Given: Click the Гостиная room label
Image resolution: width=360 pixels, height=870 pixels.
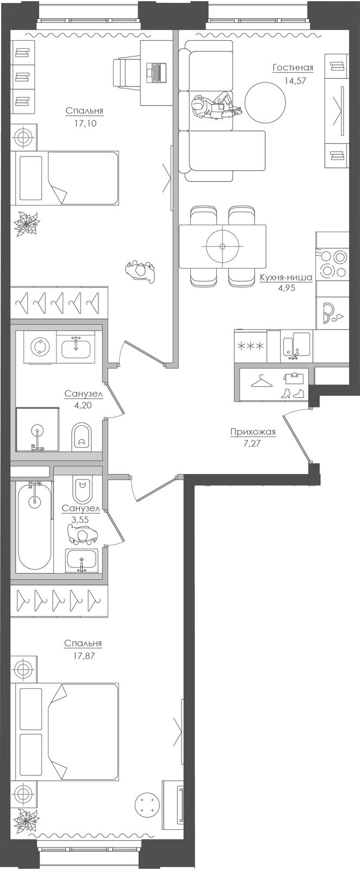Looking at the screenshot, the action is click(x=293, y=68).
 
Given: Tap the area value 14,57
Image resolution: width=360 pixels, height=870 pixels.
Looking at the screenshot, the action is click(x=293, y=81).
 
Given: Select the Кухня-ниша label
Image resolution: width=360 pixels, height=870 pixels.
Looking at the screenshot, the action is click(x=286, y=278).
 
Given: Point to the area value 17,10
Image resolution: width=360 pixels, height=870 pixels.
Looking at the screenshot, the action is click(x=84, y=124).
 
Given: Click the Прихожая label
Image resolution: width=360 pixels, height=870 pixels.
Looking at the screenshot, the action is click(x=253, y=432).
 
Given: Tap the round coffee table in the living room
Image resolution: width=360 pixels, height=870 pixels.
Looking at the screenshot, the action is click(x=265, y=103).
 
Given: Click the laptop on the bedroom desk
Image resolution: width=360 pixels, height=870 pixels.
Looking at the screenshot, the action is click(x=156, y=72).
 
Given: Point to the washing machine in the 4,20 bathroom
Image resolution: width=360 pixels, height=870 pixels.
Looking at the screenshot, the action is click(x=40, y=346).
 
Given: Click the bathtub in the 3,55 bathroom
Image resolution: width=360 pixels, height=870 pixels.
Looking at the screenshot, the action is click(x=35, y=527).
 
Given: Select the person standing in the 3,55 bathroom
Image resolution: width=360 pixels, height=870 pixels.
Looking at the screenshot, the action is click(x=82, y=536).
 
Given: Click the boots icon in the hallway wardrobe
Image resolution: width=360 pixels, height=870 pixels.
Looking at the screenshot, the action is click(x=293, y=394).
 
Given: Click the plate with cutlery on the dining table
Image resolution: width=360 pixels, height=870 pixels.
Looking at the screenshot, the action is click(x=222, y=246).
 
